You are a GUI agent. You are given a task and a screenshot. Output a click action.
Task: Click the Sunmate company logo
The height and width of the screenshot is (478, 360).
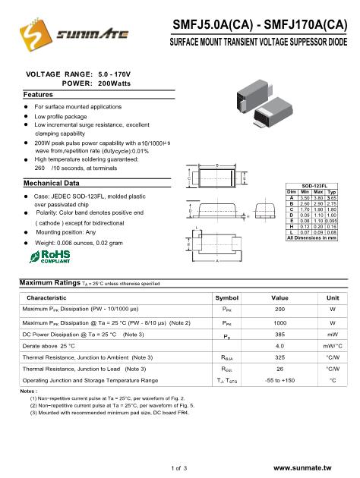(x=63, y=35)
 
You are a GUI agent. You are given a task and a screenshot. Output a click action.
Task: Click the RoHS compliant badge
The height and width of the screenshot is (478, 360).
(x=39, y=252)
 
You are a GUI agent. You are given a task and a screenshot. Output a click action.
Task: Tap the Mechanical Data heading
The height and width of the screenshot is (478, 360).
(x=52, y=184)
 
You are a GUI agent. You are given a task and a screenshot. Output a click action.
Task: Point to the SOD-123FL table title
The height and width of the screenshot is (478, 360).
(x=314, y=185)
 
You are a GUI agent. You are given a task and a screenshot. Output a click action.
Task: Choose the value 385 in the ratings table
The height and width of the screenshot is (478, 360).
(x=279, y=335)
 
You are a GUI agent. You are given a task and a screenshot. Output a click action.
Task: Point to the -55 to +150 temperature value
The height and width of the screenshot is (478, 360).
(x=279, y=379)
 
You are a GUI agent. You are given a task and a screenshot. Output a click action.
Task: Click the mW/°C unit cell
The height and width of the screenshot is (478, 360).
(x=332, y=346)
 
